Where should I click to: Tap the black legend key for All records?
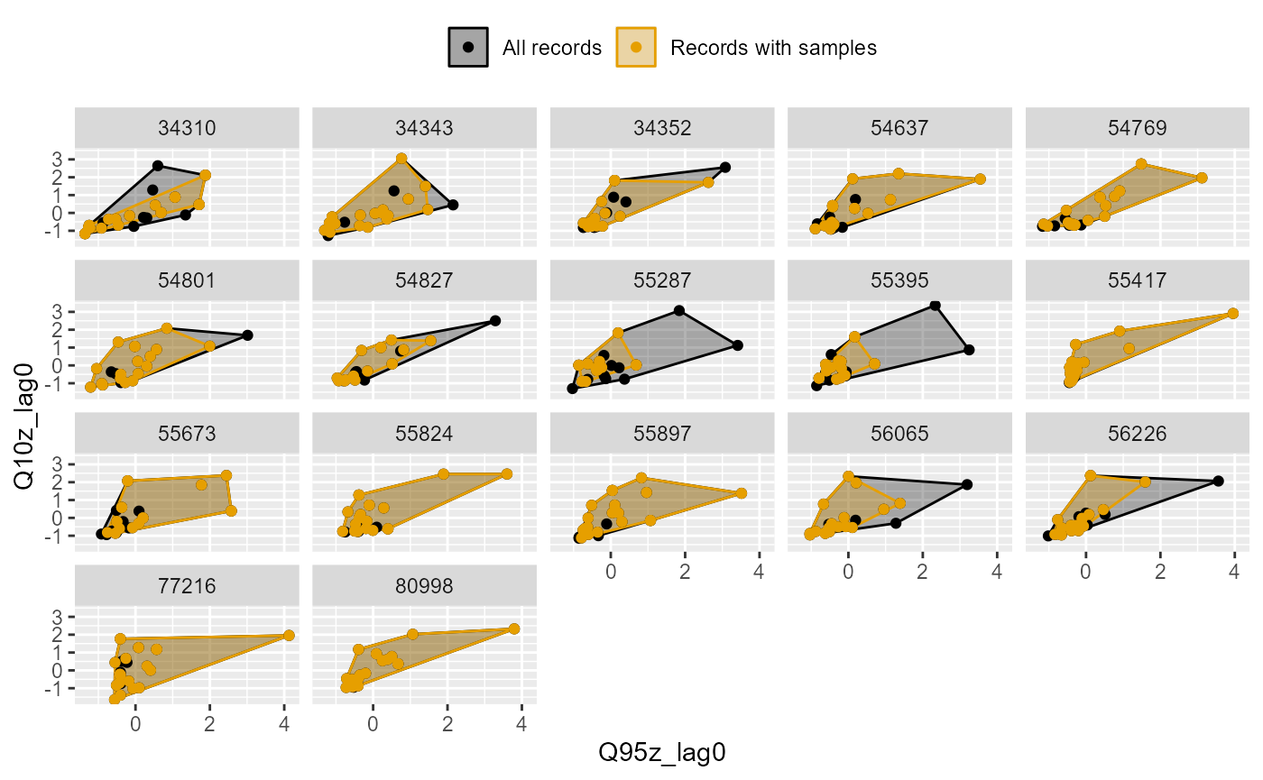467,47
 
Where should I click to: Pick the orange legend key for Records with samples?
636,47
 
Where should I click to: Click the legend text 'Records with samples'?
773,48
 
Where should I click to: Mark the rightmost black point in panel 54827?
494,321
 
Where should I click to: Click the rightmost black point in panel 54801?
247,335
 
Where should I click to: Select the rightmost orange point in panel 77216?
289,635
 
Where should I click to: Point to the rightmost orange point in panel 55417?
1232,313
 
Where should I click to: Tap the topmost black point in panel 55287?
679,311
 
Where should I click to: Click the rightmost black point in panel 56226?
1218,482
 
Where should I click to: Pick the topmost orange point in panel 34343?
401,159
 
